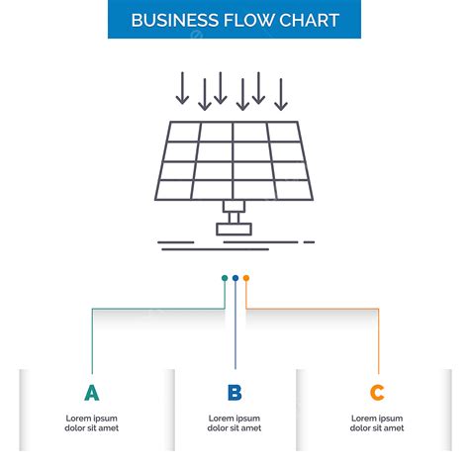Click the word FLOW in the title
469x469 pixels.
[x=252, y=21]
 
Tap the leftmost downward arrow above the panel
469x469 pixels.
[x=181, y=89]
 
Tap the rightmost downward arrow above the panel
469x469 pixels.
[x=280, y=94]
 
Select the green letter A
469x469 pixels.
[x=92, y=393]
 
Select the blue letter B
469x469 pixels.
[x=234, y=393]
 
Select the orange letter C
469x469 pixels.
[x=377, y=393]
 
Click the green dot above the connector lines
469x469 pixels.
[x=225, y=278]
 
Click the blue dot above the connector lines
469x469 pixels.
[x=235, y=278]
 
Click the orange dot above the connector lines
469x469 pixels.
[x=246, y=278]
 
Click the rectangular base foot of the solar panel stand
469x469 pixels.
[x=234, y=229]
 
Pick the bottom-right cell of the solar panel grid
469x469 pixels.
[x=292, y=188]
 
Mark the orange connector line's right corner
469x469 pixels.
[x=378, y=309]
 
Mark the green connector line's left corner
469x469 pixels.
[x=92, y=309]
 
